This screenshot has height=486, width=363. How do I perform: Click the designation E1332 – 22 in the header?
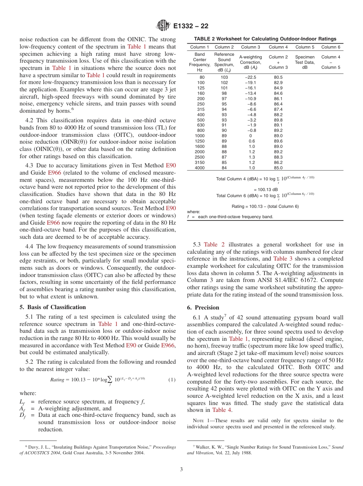click(x=191, y=26)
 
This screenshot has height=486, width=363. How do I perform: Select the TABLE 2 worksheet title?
click(x=265, y=39)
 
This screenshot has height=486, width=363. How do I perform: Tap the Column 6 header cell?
click(x=331, y=47)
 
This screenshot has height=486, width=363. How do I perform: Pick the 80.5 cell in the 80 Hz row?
click(x=278, y=77)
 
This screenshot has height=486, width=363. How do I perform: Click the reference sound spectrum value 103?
click(x=224, y=77)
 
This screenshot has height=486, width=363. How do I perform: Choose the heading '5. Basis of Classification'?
click(x=52, y=307)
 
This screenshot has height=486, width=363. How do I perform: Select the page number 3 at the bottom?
click(x=181, y=469)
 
